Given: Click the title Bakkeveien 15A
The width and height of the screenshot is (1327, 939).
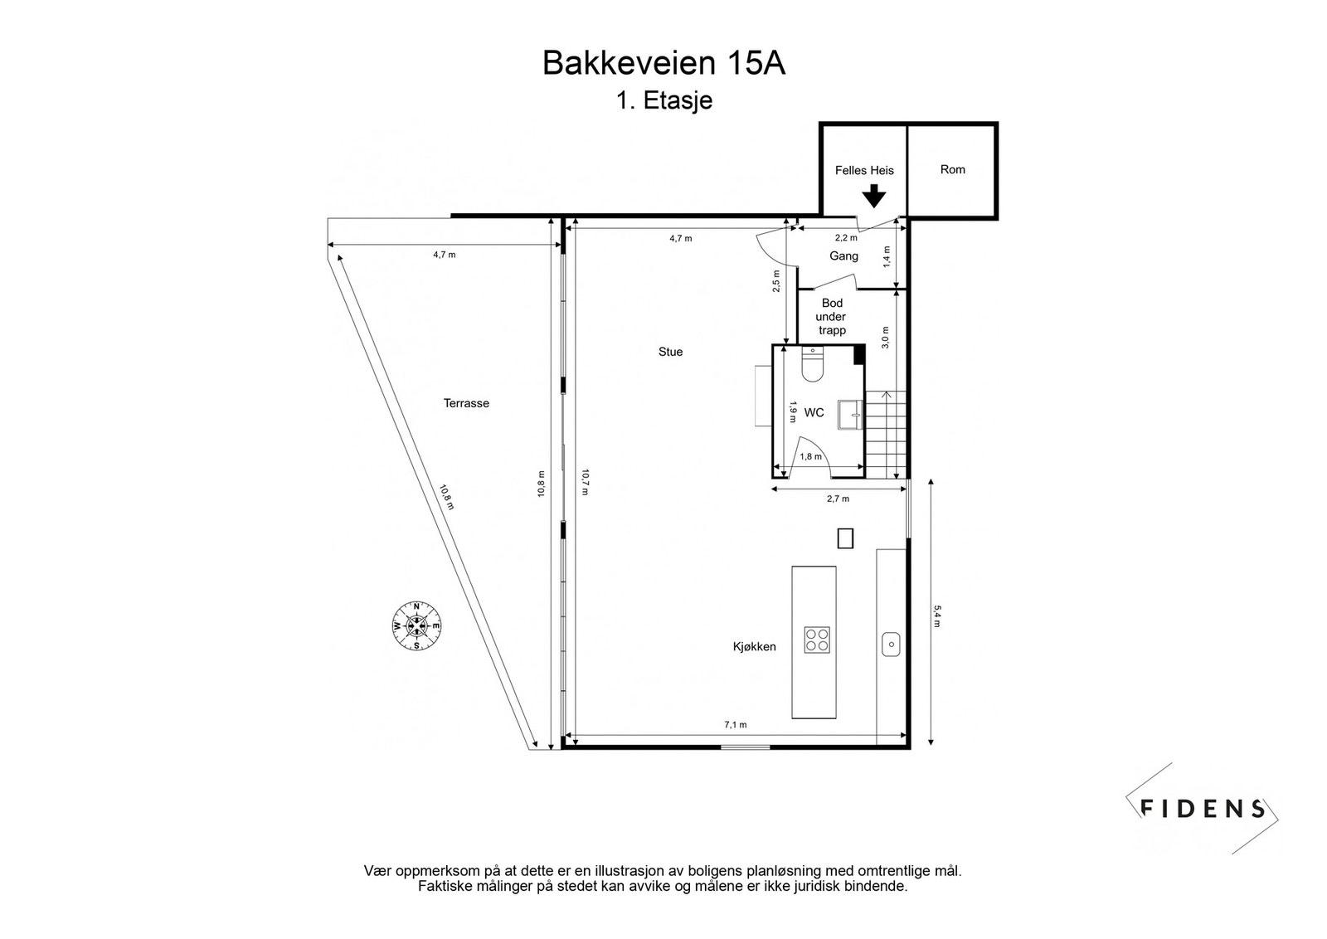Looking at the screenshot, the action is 663,63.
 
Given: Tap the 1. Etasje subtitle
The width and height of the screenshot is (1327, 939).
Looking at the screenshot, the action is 664,100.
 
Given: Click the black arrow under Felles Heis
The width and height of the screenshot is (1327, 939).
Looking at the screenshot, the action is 873,196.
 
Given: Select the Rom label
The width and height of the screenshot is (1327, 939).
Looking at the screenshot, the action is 953,169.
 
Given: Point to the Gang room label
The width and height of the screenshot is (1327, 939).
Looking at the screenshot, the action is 843,256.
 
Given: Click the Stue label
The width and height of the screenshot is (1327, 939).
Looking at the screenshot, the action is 671,352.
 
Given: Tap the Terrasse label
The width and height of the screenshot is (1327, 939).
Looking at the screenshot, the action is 466,403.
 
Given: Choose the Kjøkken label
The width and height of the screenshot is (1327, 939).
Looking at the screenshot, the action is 754,646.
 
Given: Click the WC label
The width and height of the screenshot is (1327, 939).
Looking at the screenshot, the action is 814,412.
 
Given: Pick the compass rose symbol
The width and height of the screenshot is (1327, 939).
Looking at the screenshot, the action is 416,625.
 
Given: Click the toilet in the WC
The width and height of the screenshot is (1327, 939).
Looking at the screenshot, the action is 812,364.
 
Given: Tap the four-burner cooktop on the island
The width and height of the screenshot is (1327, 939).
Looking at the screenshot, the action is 817,640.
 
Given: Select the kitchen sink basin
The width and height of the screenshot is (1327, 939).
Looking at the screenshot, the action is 891,644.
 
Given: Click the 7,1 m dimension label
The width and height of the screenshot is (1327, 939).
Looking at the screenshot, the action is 735,724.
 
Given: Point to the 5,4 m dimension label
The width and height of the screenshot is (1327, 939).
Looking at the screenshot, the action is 936,615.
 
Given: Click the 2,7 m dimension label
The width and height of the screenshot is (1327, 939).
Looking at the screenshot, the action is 838,499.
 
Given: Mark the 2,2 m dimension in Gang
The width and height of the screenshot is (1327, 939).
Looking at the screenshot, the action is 846,237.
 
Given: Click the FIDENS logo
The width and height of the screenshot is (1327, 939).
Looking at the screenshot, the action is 1202,808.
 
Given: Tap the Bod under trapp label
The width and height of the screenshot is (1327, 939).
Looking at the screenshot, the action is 831,316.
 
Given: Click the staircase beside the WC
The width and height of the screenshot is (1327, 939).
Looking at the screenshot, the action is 886,435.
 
